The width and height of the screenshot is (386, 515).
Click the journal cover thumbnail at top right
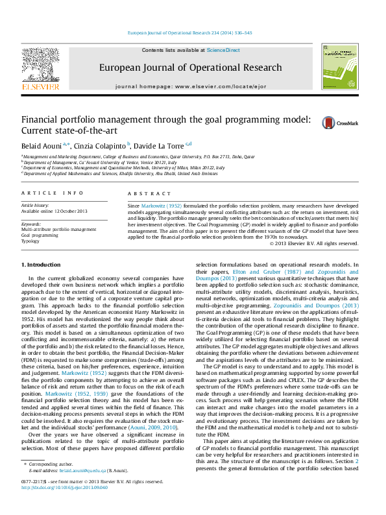point(335,71)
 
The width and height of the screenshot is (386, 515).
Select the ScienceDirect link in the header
point(223,50)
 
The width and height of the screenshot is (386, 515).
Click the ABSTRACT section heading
point(141,194)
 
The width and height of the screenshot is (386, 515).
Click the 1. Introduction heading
point(43,265)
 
